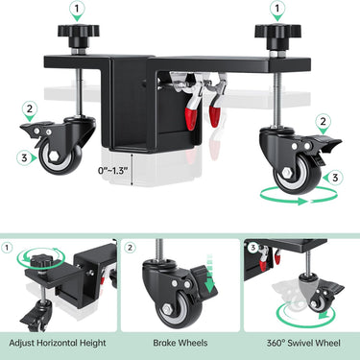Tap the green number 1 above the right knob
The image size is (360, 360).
[276, 9]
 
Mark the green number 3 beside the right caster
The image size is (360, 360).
[335, 176]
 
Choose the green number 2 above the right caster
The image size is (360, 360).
[324, 121]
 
